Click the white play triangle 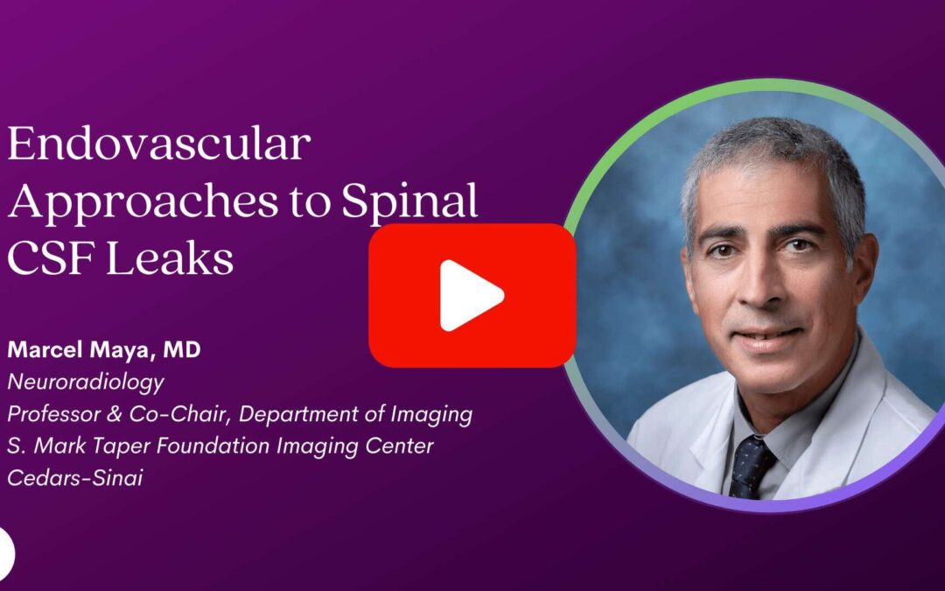[470, 296]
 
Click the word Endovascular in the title [159, 144]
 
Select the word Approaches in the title [143, 202]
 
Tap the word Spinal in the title [409, 201]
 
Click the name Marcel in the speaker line [45, 349]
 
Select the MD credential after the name [181, 349]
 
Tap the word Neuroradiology [86, 383]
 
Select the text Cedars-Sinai [75, 478]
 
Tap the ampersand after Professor [117, 414]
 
